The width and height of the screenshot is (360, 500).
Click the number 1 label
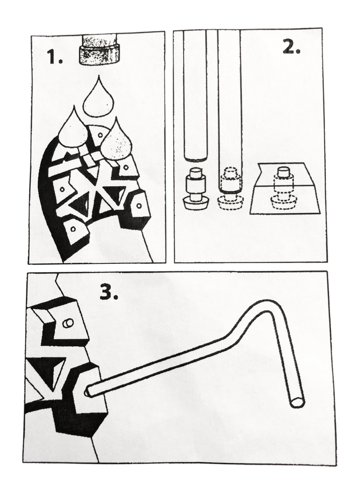point(55,57)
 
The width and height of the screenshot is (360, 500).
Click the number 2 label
point(291,47)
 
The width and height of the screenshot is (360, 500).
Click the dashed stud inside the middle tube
point(231,189)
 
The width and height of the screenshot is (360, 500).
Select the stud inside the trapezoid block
point(283,189)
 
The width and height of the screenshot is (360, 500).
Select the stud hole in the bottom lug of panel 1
point(73,229)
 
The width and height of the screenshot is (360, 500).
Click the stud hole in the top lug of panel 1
point(100,135)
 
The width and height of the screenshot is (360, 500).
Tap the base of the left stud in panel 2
point(195,204)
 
